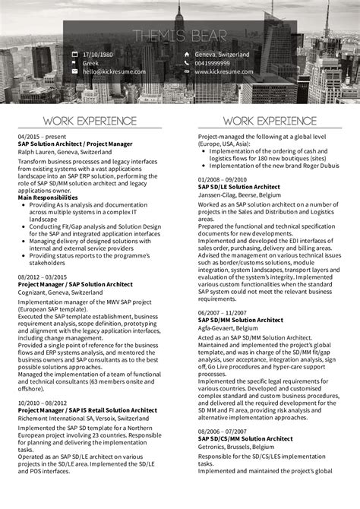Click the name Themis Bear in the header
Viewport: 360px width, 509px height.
[x=180, y=36]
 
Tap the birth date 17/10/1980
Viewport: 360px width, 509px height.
[x=98, y=55]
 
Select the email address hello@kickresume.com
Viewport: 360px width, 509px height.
[x=109, y=71]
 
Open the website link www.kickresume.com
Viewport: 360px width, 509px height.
[x=221, y=71]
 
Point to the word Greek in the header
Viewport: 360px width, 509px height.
[x=92, y=63]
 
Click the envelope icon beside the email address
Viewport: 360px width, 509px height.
[x=74, y=71]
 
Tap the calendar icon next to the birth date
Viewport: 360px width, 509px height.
[x=74, y=55]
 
